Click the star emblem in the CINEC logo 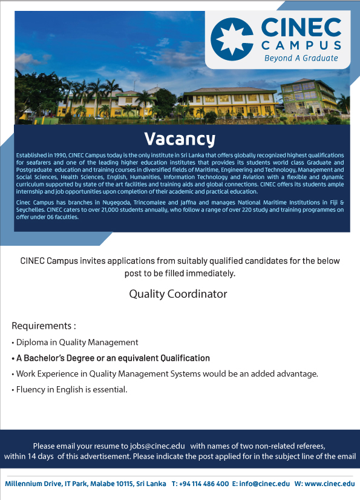click(232, 39)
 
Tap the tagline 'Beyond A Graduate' click(301, 58)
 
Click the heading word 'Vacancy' click(180, 139)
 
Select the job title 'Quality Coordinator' click(178, 294)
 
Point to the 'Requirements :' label click(44, 326)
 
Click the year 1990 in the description click(60, 156)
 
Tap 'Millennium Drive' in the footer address click(33, 484)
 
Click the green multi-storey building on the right click(309, 96)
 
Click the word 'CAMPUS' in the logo click(301, 45)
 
